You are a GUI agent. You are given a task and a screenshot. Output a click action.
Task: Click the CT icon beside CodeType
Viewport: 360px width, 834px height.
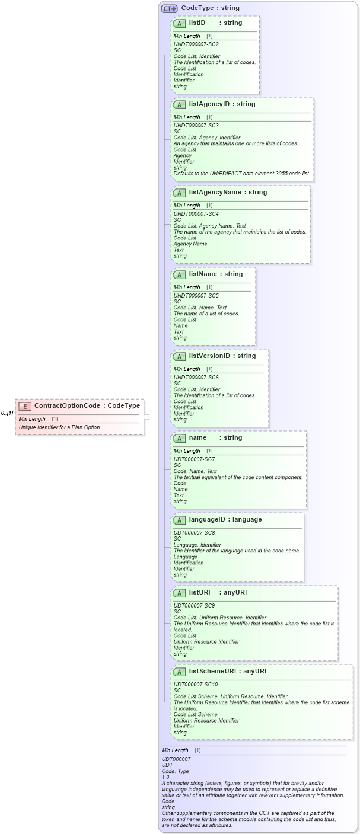(x=170, y=8)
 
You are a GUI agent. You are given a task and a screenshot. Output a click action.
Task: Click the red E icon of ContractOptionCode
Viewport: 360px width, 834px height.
(x=25, y=406)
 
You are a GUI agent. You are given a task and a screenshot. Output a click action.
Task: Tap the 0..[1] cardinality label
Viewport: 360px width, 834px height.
(x=7, y=413)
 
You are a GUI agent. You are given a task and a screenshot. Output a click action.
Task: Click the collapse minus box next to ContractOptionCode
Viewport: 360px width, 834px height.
(x=146, y=417)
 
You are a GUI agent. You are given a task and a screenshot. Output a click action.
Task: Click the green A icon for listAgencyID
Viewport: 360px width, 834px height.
(x=179, y=104)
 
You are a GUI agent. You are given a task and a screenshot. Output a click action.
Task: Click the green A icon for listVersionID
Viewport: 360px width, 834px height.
(x=179, y=356)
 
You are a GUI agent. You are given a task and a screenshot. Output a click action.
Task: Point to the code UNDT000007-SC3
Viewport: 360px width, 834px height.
(x=196, y=126)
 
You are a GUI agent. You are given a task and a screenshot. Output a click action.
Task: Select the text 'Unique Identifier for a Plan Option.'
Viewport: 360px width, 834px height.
(x=60, y=427)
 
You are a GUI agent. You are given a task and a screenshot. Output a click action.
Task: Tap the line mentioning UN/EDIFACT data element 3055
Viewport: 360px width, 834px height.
(x=241, y=174)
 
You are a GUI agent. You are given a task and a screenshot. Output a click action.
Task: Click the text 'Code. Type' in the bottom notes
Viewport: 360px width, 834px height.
(x=175, y=771)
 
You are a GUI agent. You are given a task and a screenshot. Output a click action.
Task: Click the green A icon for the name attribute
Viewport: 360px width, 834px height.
(x=179, y=438)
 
